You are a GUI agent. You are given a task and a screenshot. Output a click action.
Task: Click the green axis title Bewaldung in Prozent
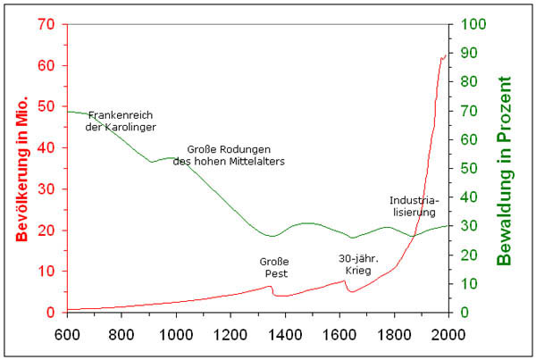coord(506,170)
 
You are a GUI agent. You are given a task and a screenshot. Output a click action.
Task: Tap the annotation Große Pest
coord(275,266)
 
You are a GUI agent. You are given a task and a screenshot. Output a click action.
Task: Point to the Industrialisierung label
coord(412,205)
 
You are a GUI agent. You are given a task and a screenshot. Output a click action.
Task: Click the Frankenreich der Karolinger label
coord(121,121)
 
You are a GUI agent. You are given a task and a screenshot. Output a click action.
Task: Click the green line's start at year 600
coord(68,111)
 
